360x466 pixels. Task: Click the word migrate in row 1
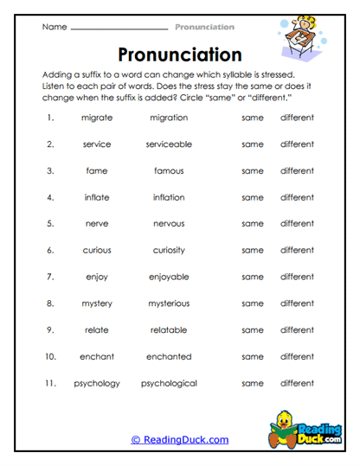click(97, 118)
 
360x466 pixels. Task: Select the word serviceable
click(169, 144)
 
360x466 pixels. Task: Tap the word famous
click(169, 171)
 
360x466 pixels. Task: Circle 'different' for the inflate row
click(297, 197)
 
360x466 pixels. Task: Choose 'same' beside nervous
click(253, 224)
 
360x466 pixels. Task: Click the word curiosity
click(169, 251)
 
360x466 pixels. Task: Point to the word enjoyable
click(169, 277)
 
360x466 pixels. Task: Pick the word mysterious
click(169, 303)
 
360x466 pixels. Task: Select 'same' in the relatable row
click(253, 329)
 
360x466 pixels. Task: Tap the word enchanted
click(169, 356)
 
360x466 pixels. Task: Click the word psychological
click(169, 383)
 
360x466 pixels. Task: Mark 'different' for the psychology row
click(297, 383)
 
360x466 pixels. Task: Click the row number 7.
click(51, 277)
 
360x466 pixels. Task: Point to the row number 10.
click(51, 356)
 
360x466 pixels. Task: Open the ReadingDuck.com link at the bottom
click(180, 440)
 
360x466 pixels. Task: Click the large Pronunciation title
click(179, 55)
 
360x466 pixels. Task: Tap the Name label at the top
click(54, 27)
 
